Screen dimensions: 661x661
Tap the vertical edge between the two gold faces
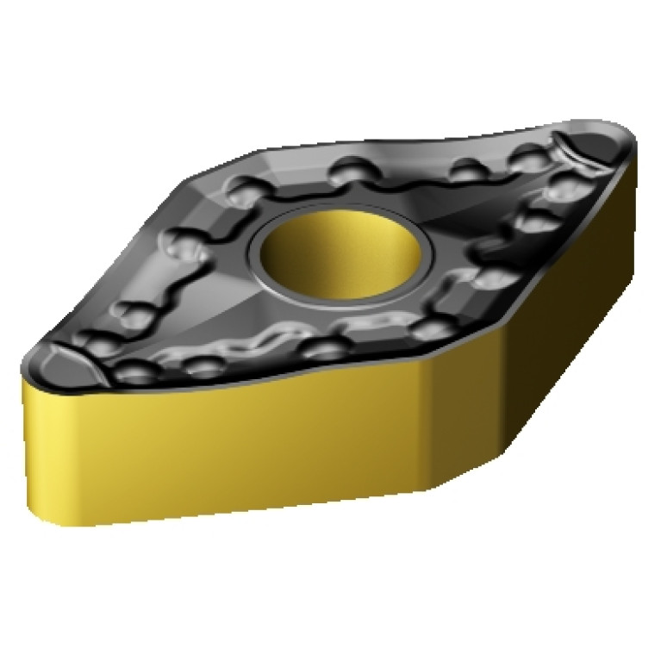422,422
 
